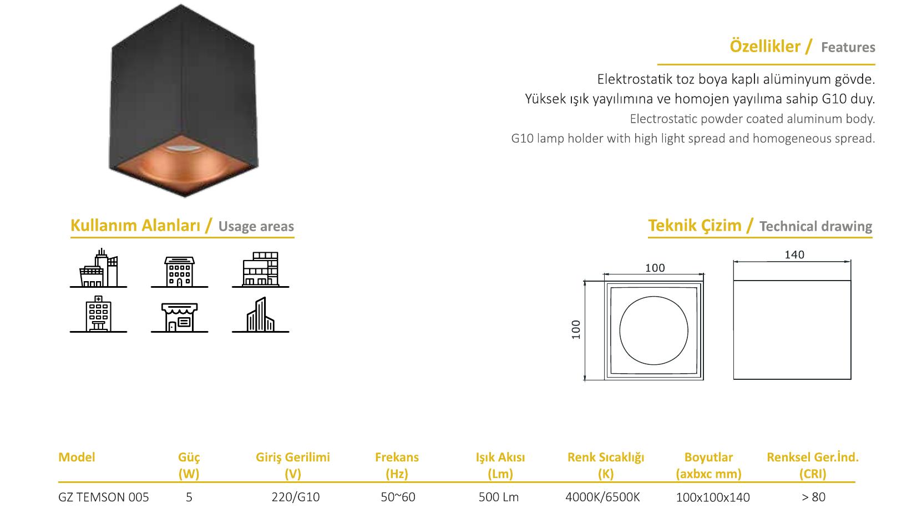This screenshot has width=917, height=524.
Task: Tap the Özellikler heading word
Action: pos(764,47)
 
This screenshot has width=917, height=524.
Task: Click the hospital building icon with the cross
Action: pos(98,314)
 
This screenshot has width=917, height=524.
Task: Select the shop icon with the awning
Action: pos(179,317)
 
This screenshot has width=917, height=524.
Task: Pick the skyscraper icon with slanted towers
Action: pos(260,314)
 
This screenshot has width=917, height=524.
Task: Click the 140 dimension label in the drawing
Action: pos(794,255)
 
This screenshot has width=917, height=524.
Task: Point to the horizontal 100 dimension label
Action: pos(655,268)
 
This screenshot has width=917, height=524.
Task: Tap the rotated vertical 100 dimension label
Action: pos(576,330)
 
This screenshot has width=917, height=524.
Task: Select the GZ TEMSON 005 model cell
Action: pos(104,497)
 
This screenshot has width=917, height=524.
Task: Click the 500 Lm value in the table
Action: pos(499,497)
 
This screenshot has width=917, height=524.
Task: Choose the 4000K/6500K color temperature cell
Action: pos(602,497)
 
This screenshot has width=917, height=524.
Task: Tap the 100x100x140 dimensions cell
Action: pos(713,497)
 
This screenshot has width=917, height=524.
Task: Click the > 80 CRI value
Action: pos(813,497)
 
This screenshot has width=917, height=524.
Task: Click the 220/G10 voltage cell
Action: pos(296,497)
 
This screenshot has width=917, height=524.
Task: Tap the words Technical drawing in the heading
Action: pos(816,226)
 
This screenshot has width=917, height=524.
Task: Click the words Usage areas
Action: pos(256,226)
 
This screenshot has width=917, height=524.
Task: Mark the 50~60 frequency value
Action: pos(398,497)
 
